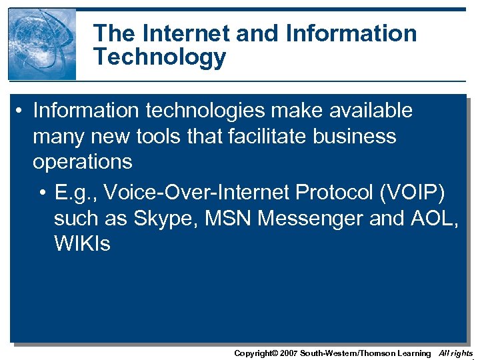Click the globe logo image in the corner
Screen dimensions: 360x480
41,44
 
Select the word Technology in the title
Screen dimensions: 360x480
160,57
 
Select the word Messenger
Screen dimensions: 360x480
313,219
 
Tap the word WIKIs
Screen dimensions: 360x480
82,243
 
